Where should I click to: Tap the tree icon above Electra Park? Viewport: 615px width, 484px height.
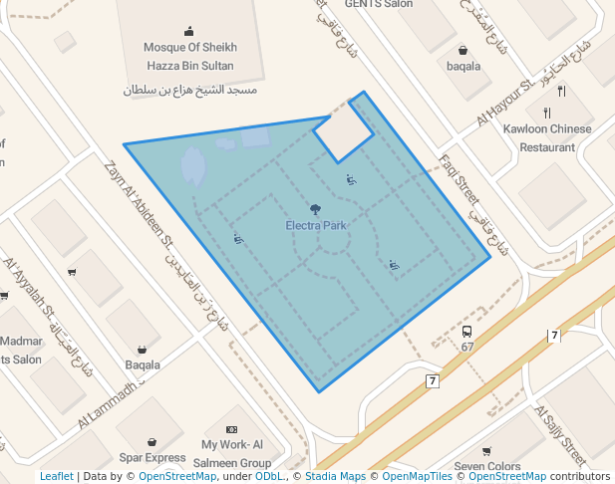click(315, 209)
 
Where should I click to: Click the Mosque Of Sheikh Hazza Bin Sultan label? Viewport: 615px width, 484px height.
click(189, 56)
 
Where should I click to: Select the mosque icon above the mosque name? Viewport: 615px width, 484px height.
click(189, 31)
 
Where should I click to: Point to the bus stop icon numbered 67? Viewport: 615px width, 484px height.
click(466, 332)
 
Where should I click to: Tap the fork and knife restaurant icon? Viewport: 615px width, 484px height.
click(561, 93)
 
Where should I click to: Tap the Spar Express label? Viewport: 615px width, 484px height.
click(153, 458)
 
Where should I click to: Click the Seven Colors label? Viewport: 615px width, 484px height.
click(487, 466)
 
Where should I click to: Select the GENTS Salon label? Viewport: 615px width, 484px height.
click(379, 4)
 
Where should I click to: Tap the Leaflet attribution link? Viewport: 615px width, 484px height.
click(56, 476)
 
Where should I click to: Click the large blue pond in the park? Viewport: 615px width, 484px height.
click(192, 165)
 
